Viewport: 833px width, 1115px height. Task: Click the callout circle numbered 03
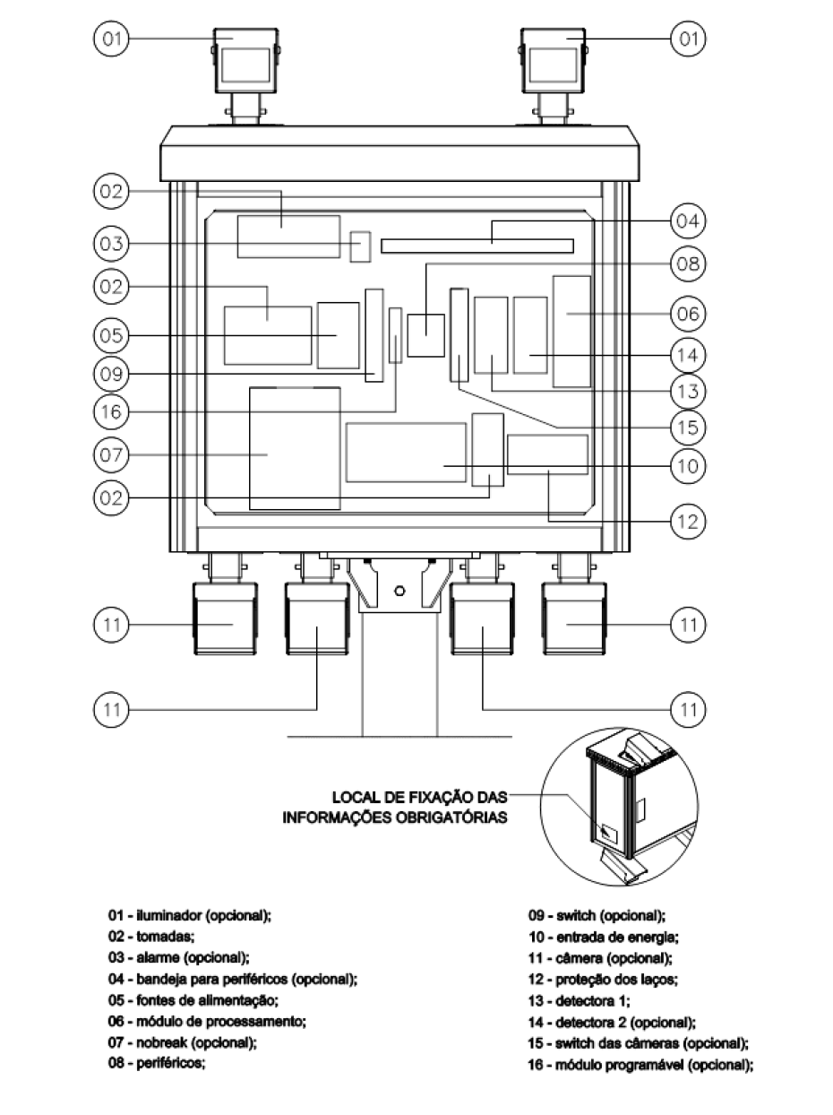coord(111,244)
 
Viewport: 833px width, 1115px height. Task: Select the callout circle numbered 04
coord(688,221)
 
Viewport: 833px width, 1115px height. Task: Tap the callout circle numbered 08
coord(688,264)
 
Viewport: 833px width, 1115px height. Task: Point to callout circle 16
coord(111,411)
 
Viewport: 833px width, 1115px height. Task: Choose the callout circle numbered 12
coord(688,521)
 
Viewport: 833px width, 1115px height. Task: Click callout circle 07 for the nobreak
coord(111,454)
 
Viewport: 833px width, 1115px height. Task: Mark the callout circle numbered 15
coord(688,428)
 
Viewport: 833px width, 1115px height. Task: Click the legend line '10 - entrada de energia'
coord(603,937)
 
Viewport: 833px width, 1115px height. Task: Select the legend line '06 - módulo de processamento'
coord(207,1021)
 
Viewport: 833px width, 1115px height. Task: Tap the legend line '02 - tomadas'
coord(151,936)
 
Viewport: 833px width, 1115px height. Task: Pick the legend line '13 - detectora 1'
coord(579,1000)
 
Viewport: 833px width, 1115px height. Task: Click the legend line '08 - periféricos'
coord(157,1063)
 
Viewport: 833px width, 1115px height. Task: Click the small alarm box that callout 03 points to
coord(360,246)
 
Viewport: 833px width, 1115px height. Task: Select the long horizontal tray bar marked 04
coord(477,246)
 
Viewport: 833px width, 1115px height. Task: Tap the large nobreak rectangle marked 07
coord(295,448)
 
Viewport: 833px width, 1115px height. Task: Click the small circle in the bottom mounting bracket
coord(399,591)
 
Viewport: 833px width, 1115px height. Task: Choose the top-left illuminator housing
coord(245,60)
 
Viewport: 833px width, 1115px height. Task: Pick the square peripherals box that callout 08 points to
coord(425,335)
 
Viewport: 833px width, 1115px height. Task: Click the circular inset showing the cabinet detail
coord(619,808)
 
